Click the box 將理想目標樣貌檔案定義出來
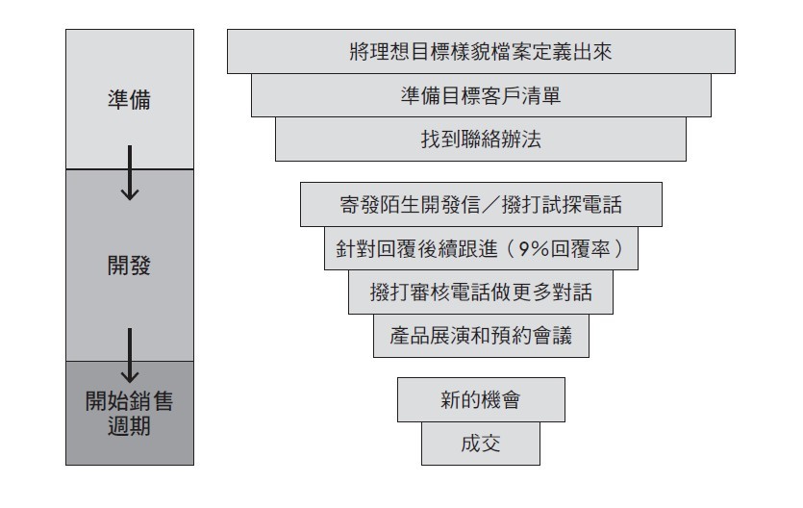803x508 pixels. [x=481, y=51]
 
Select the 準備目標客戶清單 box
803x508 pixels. [x=481, y=95]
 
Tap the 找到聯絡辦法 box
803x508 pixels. [x=481, y=140]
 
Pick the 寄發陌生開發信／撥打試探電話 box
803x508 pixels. [x=481, y=204]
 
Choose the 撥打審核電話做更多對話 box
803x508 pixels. [x=481, y=292]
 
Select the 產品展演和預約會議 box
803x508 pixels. [x=481, y=336]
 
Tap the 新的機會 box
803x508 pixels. [x=481, y=400]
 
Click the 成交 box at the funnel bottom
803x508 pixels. [x=481, y=444]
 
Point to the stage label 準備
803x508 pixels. [x=130, y=99]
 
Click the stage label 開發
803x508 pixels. [x=130, y=266]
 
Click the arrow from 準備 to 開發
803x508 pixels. [x=130, y=172]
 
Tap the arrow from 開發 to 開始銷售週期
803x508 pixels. [x=130, y=355]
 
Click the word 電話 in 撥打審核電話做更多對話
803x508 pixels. [x=470, y=292]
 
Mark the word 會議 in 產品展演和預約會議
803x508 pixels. [x=552, y=336]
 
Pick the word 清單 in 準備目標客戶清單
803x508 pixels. [x=541, y=96]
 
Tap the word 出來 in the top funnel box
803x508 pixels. [x=592, y=52]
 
